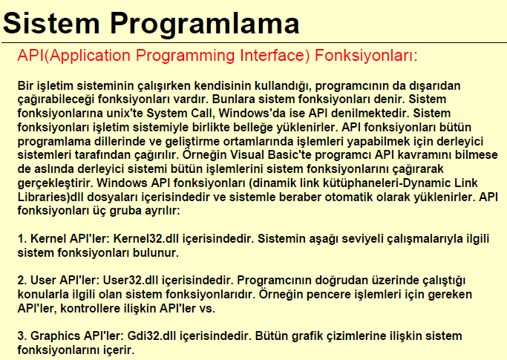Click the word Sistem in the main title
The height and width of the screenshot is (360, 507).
[x=51, y=23]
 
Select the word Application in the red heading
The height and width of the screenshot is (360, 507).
[x=90, y=56]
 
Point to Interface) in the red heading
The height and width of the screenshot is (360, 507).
[x=275, y=56]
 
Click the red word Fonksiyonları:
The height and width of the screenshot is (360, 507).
[x=366, y=56]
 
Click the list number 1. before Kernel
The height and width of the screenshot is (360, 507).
[x=22, y=239]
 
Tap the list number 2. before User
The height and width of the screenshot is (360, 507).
[x=22, y=280]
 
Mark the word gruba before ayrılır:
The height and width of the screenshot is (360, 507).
[x=125, y=212]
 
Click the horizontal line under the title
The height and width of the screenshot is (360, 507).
[x=254, y=43]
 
